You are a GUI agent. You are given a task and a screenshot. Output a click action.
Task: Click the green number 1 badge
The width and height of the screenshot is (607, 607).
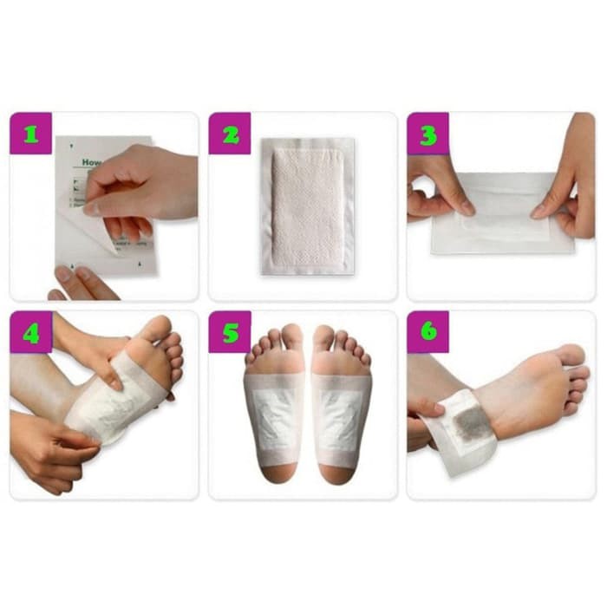[x=31, y=134]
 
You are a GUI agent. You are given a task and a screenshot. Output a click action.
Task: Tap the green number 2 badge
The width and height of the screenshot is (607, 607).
[x=230, y=134]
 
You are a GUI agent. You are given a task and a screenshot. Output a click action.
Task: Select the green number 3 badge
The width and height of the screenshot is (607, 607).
[x=428, y=134]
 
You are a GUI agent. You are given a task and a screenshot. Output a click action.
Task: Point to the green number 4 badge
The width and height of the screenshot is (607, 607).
[x=31, y=332]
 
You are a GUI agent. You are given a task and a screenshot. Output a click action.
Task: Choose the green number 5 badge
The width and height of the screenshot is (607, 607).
[x=230, y=332]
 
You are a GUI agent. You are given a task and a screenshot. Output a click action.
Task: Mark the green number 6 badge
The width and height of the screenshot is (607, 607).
[x=428, y=332]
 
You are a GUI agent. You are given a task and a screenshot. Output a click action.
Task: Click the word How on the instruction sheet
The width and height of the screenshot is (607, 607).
[x=91, y=162]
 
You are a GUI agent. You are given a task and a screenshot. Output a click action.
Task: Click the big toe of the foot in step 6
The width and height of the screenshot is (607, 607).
[x=571, y=355]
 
